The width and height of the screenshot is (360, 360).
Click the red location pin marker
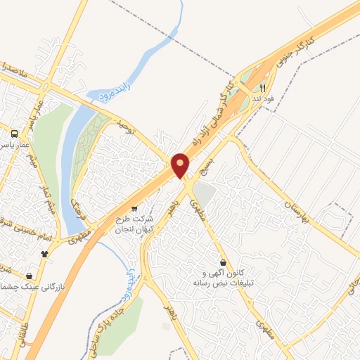181,165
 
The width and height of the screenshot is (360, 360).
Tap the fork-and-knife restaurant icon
262,89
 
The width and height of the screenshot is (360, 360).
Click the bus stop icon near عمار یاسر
13,133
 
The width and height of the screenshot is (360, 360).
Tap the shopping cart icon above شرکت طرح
134,209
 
